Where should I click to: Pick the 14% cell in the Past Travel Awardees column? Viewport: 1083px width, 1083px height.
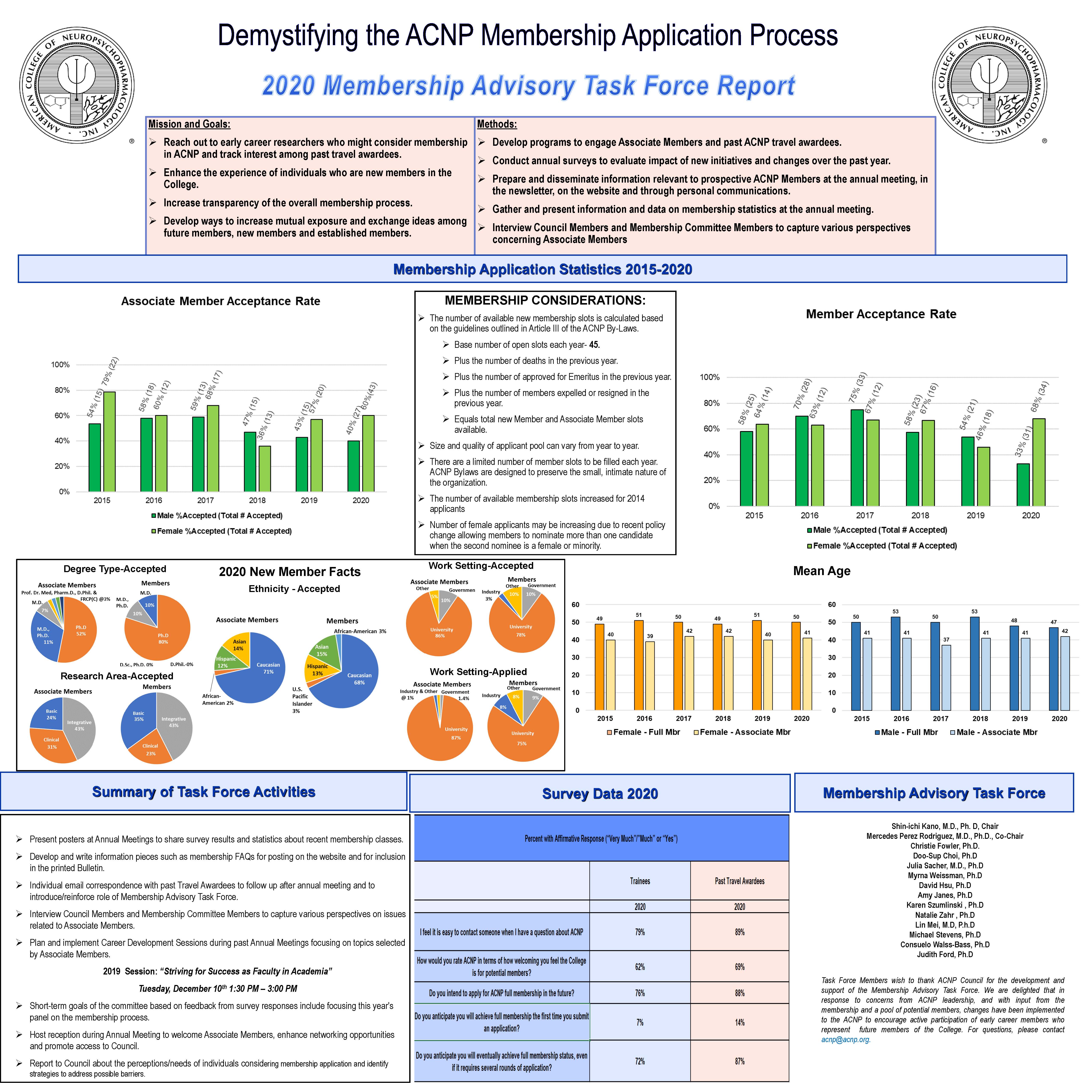coord(739,1022)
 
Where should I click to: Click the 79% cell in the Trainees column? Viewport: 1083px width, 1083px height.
coord(640,932)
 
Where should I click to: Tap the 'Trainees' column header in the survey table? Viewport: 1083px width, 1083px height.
coord(640,881)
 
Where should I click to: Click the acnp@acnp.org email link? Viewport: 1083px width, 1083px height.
coord(845,1039)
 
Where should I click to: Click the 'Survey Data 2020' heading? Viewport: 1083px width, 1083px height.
coord(600,794)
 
